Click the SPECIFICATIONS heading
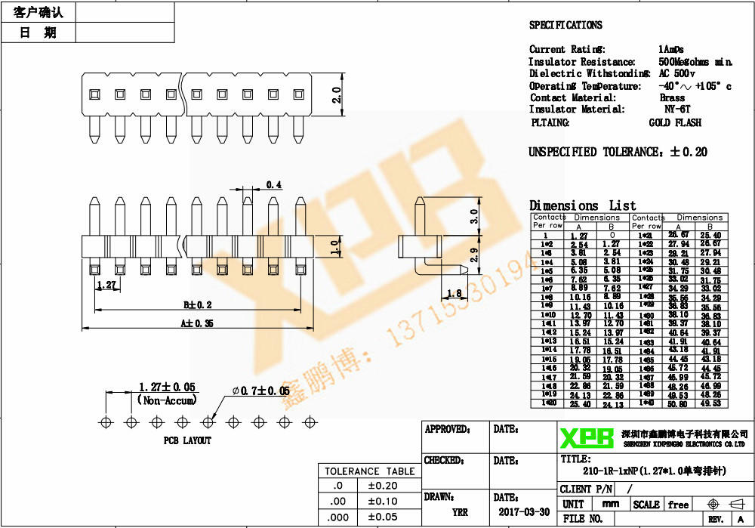pyautogui.click(x=565, y=25)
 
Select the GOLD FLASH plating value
pyautogui.click(x=674, y=122)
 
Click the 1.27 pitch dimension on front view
pyautogui.click(x=106, y=286)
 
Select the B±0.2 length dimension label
pyautogui.click(x=198, y=305)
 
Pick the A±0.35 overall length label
pyautogui.click(x=198, y=323)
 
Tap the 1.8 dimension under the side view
pyautogui.click(x=455, y=293)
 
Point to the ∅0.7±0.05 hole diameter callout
pyautogui.click(x=260, y=391)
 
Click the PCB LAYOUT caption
pyautogui.click(x=187, y=440)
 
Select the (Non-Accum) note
pyautogui.click(x=168, y=400)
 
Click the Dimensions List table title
pyautogui.click(x=582, y=205)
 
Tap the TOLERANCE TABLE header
pyautogui.click(x=369, y=471)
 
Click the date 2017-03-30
pyautogui.click(x=522, y=511)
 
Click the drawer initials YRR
pyautogui.click(x=459, y=511)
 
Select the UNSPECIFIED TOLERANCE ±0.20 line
pyautogui.click(x=618, y=152)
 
